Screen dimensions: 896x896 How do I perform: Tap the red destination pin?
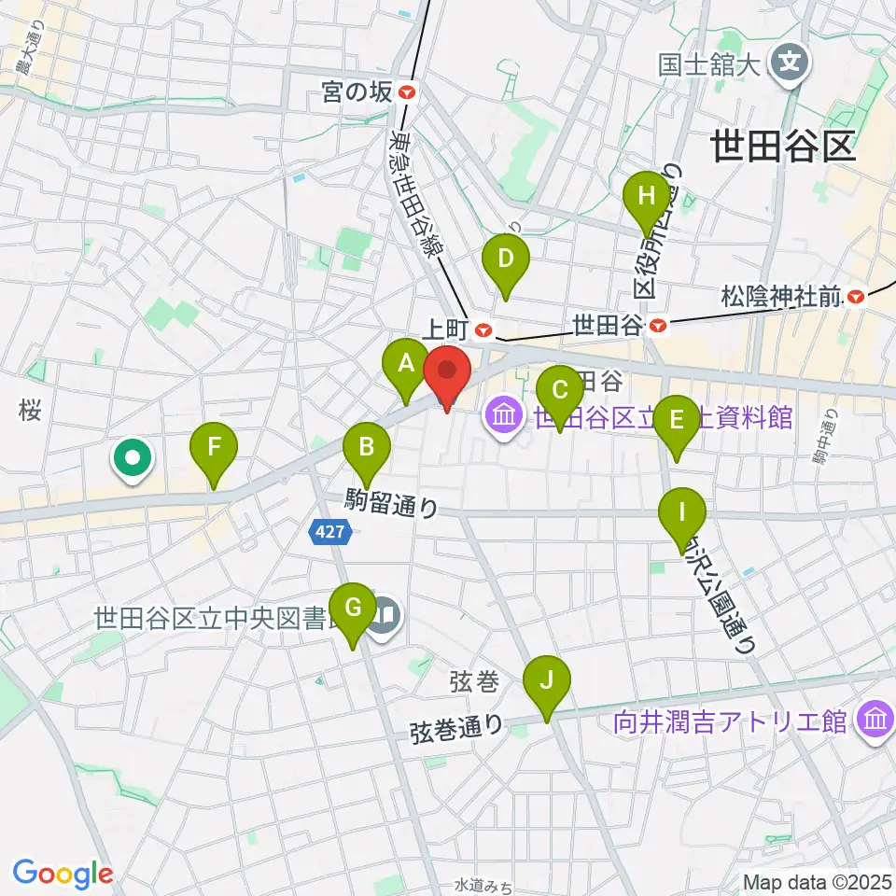[x=447, y=373]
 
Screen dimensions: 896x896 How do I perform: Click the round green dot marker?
[x=133, y=457]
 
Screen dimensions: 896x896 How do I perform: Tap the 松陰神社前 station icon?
[x=856, y=298]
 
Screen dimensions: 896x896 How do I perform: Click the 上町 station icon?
[x=483, y=329]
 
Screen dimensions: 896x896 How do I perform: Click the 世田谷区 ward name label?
[x=782, y=147]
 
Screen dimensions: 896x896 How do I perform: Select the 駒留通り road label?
[x=391, y=503]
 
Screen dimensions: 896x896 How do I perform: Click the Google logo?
[x=63, y=874]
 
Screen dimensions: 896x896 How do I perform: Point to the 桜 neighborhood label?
[x=30, y=411]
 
